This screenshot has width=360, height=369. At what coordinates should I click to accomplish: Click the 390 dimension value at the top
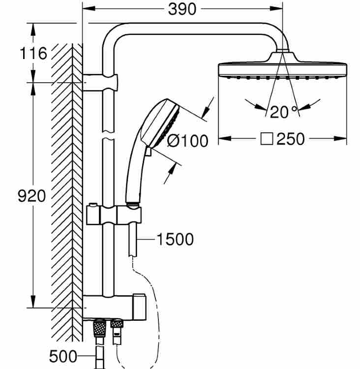tap(182, 10)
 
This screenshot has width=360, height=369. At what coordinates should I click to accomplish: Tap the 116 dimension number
tap(33, 54)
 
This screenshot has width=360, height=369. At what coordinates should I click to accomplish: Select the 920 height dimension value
tap(32, 196)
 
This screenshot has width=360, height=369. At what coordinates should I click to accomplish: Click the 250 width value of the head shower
tap(291, 139)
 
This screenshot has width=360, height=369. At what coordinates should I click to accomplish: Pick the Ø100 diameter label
tap(188, 141)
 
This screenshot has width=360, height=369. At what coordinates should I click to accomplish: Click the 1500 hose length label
tap(175, 239)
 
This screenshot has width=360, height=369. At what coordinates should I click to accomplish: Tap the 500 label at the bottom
tap(63, 356)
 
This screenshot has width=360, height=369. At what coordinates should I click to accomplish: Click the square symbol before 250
tap(267, 139)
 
